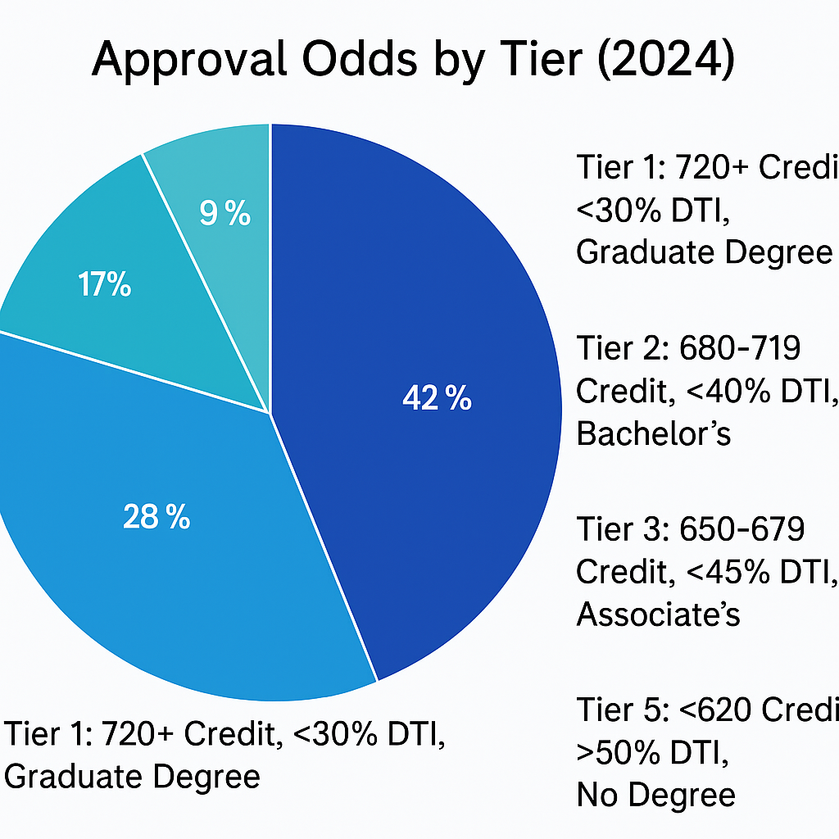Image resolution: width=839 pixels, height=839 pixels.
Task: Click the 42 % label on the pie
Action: tap(437, 399)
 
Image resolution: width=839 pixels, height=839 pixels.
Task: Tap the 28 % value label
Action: tap(156, 517)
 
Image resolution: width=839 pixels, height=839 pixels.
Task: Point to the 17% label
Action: tap(105, 286)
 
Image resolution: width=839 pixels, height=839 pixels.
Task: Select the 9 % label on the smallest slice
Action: tap(224, 215)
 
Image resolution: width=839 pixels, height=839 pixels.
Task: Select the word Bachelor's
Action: tap(653, 434)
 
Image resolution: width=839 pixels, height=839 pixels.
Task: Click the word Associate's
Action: tap(658, 614)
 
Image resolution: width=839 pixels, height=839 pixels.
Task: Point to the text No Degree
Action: tap(655, 794)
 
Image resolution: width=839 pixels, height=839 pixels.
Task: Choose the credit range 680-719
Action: tap(740, 349)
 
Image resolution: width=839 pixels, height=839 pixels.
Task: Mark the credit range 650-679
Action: tap(742, 529)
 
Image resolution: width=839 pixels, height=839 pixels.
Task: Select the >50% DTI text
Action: tap(652, 752)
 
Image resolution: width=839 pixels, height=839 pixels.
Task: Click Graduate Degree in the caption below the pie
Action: tap(132, 775)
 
